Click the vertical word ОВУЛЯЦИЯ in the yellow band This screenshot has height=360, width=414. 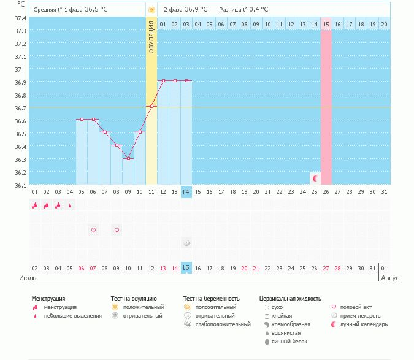coord(151,37)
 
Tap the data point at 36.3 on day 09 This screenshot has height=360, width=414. coord(128,159)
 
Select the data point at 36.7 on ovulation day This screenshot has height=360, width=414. coord(151,107)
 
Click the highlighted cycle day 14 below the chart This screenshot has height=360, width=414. coord(186,192)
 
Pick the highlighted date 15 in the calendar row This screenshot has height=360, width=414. coord(186,268)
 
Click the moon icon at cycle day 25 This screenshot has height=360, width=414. coord(315,178)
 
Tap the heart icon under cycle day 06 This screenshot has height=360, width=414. coord(93,231)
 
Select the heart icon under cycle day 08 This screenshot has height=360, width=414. coord(117,231)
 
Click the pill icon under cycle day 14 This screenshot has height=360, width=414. coord(186,243)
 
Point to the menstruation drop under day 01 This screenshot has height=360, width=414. coord(35,205)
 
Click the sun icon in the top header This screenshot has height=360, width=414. coord(151,10)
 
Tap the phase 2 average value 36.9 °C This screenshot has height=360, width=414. coord(196,10)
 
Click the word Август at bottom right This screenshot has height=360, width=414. coord(393,278)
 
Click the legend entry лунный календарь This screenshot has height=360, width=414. coord(364,324)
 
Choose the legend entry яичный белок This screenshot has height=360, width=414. coord(289,342)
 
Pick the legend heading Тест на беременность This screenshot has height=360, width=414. coord(211,299)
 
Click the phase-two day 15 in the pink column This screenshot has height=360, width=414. coord(326,24)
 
